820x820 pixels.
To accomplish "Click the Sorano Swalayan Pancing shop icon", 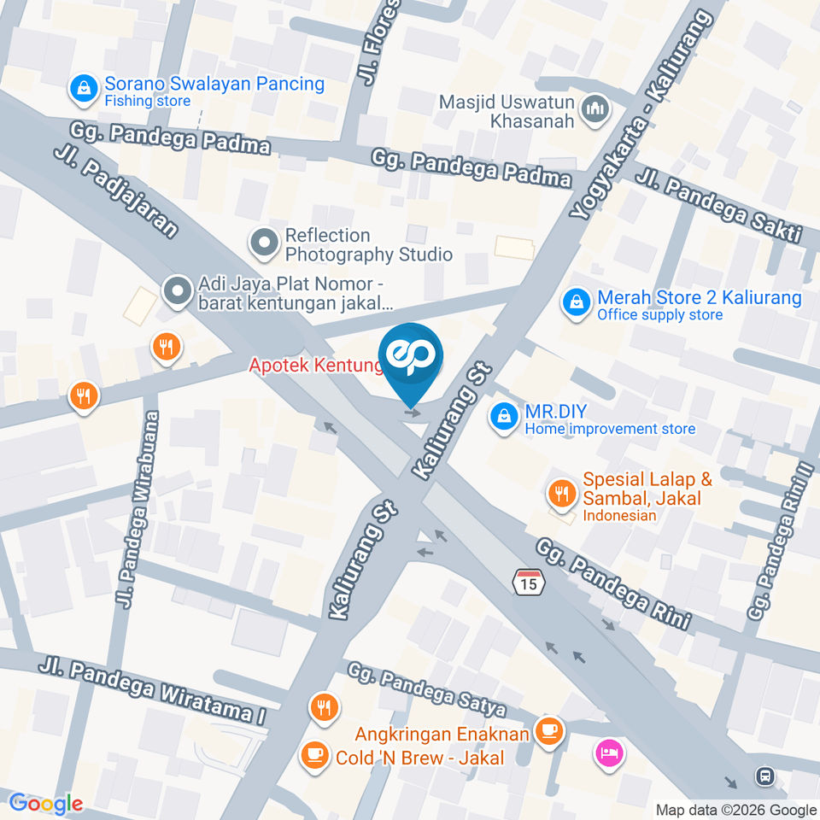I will [84, 87].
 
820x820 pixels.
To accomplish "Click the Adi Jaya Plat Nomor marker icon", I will [178, 291].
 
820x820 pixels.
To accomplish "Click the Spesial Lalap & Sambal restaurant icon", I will [560, 493].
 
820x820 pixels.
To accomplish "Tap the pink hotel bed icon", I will [611, 753].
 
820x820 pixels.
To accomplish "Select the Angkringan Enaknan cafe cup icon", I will [547, 730].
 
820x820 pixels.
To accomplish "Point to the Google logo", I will [46, 803].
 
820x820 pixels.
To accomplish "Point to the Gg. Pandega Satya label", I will [427, 692].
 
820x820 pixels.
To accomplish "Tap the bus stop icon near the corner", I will [764, 776].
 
